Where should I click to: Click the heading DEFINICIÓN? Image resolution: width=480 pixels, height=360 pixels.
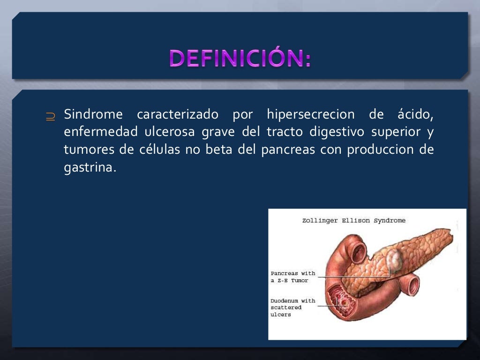pos(240,59)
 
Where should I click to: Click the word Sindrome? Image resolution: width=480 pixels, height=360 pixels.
pos(93,114)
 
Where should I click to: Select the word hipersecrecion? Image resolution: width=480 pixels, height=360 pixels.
pos(310,114)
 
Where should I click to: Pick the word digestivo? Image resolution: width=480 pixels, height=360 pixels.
pos(337,132)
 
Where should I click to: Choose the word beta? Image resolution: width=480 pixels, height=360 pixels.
pos(219,150)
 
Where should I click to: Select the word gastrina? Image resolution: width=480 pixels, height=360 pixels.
pos(89,168)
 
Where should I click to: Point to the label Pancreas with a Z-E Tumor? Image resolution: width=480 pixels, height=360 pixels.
pos(293,277)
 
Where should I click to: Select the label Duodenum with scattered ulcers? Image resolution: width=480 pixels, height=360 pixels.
pos(292,307)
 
